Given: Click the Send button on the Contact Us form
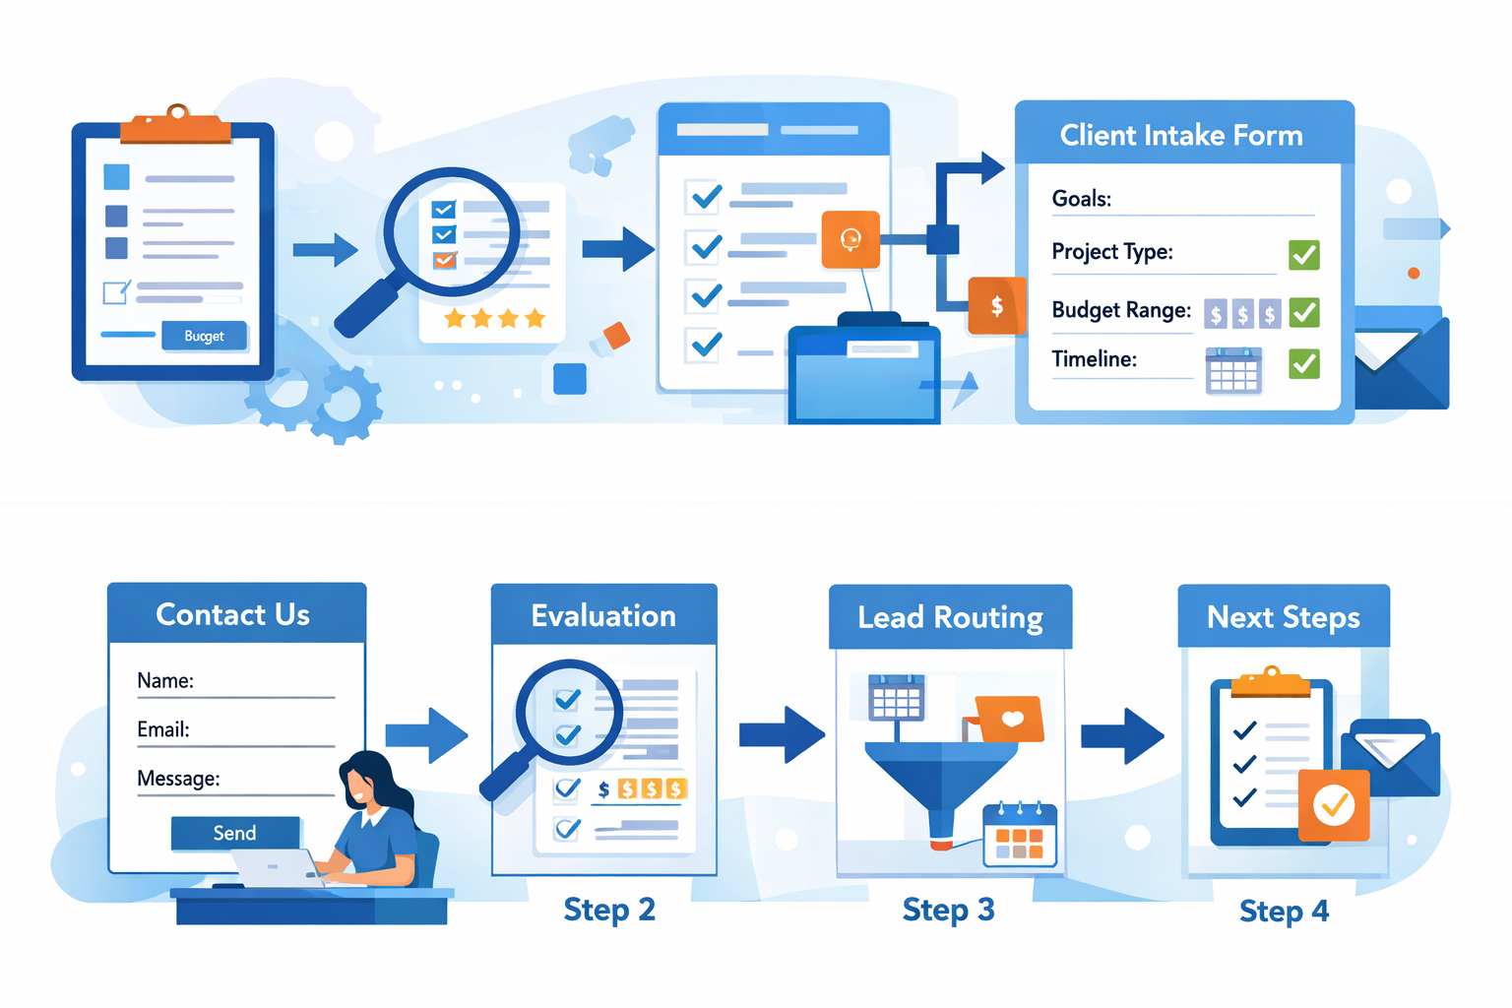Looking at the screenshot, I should click(235, 833).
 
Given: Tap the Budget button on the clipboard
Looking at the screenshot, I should click(204, 336).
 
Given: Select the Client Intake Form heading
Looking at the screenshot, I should click(1180, 135).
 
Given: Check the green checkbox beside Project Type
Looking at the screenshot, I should click(1304, 255).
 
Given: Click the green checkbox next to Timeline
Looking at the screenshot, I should click(1304, 364).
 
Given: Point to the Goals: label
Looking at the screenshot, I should click(1081, 199).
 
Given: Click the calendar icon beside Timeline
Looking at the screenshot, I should click(1233, 371).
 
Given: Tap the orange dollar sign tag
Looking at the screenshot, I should click(997, 306).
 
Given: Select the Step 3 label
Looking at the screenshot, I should click(948, 910).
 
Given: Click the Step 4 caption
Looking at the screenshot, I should click(1284, 912).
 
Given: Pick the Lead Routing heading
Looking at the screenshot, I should click(950, 617).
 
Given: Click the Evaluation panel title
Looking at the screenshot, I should click(603, 616).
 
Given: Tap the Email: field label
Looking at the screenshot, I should click(163, 729).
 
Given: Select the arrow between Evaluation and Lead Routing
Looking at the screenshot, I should click(782, 734).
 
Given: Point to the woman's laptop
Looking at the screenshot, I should click(276, 867).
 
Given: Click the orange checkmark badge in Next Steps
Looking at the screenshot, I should click(1334, 805).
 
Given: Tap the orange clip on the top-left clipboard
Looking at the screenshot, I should click(176, 126).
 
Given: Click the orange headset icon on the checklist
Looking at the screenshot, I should click(850, 238).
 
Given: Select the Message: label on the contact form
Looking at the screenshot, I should click(178, 779).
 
